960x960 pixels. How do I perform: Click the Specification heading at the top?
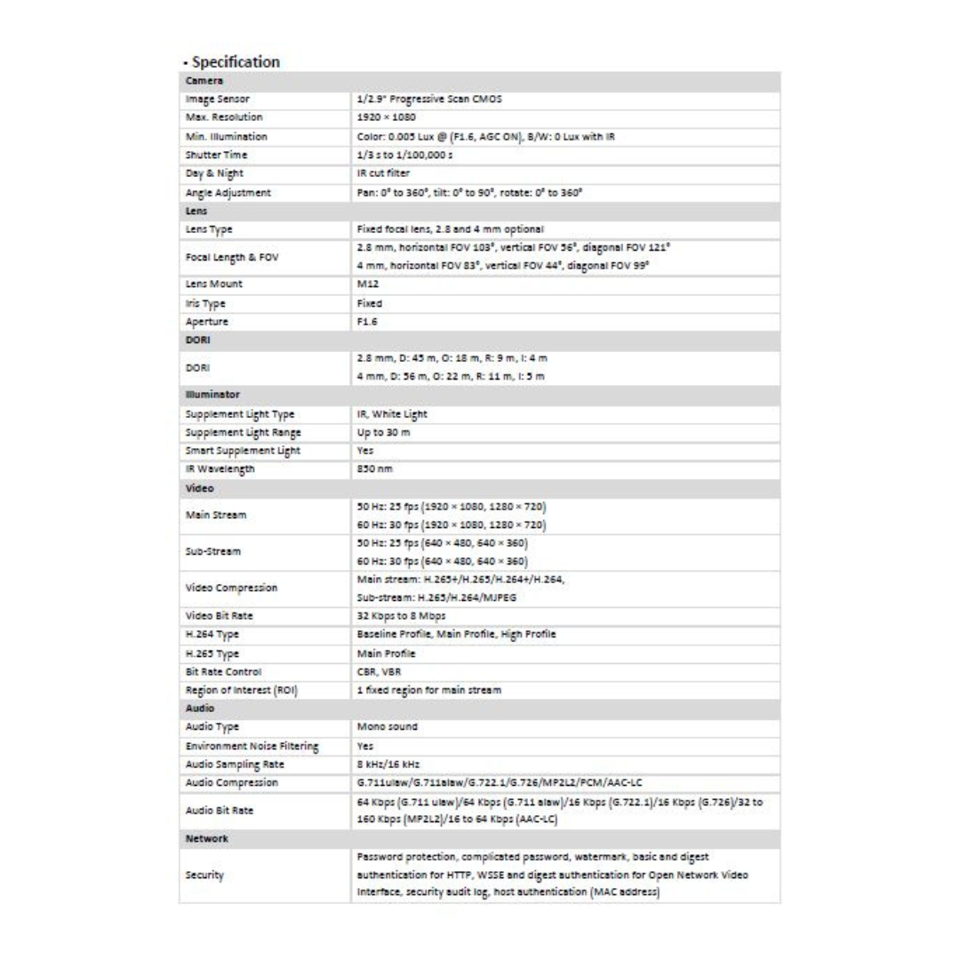229,62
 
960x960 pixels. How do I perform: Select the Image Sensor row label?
217,100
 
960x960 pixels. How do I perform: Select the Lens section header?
196,212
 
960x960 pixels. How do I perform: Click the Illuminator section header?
213,395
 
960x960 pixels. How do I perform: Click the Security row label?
204,876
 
